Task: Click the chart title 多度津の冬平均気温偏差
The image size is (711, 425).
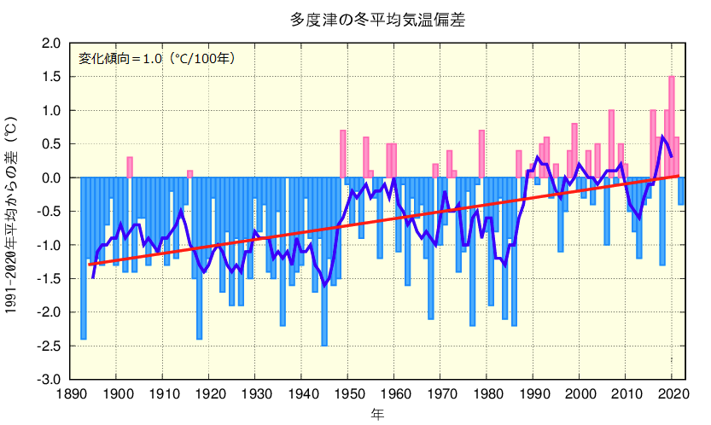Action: (377, 17)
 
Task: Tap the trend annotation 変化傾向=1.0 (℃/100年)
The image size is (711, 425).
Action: (156, 58)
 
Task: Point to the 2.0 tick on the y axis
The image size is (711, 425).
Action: (51, 44)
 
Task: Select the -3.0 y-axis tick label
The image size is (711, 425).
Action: (50, 379)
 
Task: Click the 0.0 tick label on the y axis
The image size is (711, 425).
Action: (51, 178)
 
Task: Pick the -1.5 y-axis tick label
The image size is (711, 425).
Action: (50, 278)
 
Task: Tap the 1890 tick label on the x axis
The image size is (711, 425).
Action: (69, 394)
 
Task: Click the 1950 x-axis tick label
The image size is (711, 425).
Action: (348, 394)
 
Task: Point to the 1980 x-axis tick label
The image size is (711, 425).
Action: (487, 394)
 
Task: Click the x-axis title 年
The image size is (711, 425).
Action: (377, 414)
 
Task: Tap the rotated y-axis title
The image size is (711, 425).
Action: (12, 216)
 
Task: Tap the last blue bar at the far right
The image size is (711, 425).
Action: (681, 191)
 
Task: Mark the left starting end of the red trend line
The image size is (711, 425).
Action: (89, 265)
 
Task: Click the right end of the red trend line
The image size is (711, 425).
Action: (678, 175)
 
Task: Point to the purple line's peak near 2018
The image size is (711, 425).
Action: (663, 137)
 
